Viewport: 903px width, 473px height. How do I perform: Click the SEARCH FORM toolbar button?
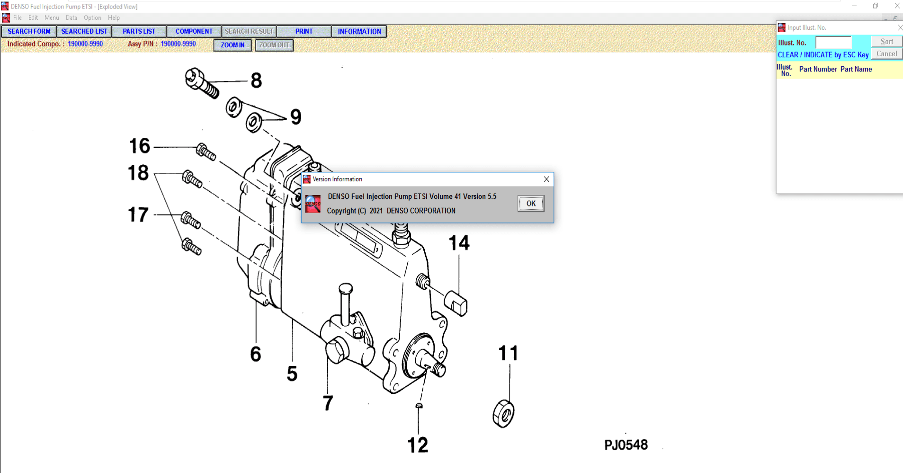tap(29, 31)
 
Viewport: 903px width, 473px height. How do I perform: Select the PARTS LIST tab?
tap(139, 31)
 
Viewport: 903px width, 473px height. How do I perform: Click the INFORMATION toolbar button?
tap(359, 31)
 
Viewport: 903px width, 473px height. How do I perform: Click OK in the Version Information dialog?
tap(530, 204)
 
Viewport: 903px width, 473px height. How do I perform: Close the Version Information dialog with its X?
tap(546, 179)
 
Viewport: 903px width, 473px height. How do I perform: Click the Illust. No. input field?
tap(833, 42)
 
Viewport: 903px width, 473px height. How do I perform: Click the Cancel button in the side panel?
tap(886, 54)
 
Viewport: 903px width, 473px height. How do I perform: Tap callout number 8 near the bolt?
tap(256, 80)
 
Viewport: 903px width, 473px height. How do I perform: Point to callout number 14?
tap(459, 243)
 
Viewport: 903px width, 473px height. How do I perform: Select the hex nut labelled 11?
tap(503, 414)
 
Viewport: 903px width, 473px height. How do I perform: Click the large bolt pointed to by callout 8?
tap(202, 83)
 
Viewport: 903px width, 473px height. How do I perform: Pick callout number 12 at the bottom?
tap(418, 445)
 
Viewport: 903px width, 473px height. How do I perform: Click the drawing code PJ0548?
tap(626, 445)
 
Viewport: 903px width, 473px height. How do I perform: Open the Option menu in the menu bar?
tap(92, 18)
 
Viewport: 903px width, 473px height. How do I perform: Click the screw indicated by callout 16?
tap(206, 152)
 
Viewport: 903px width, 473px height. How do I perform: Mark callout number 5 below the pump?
tap(292, 374)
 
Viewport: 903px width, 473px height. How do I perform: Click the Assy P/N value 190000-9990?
tap(178, 44)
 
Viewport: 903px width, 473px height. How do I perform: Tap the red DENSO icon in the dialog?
tap(313, 204)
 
